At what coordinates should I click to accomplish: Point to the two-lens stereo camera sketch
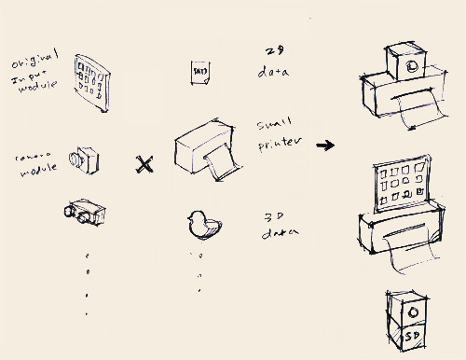click(85, 214)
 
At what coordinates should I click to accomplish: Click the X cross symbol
click(144, 166)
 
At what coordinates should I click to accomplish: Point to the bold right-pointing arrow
click(325, 145)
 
